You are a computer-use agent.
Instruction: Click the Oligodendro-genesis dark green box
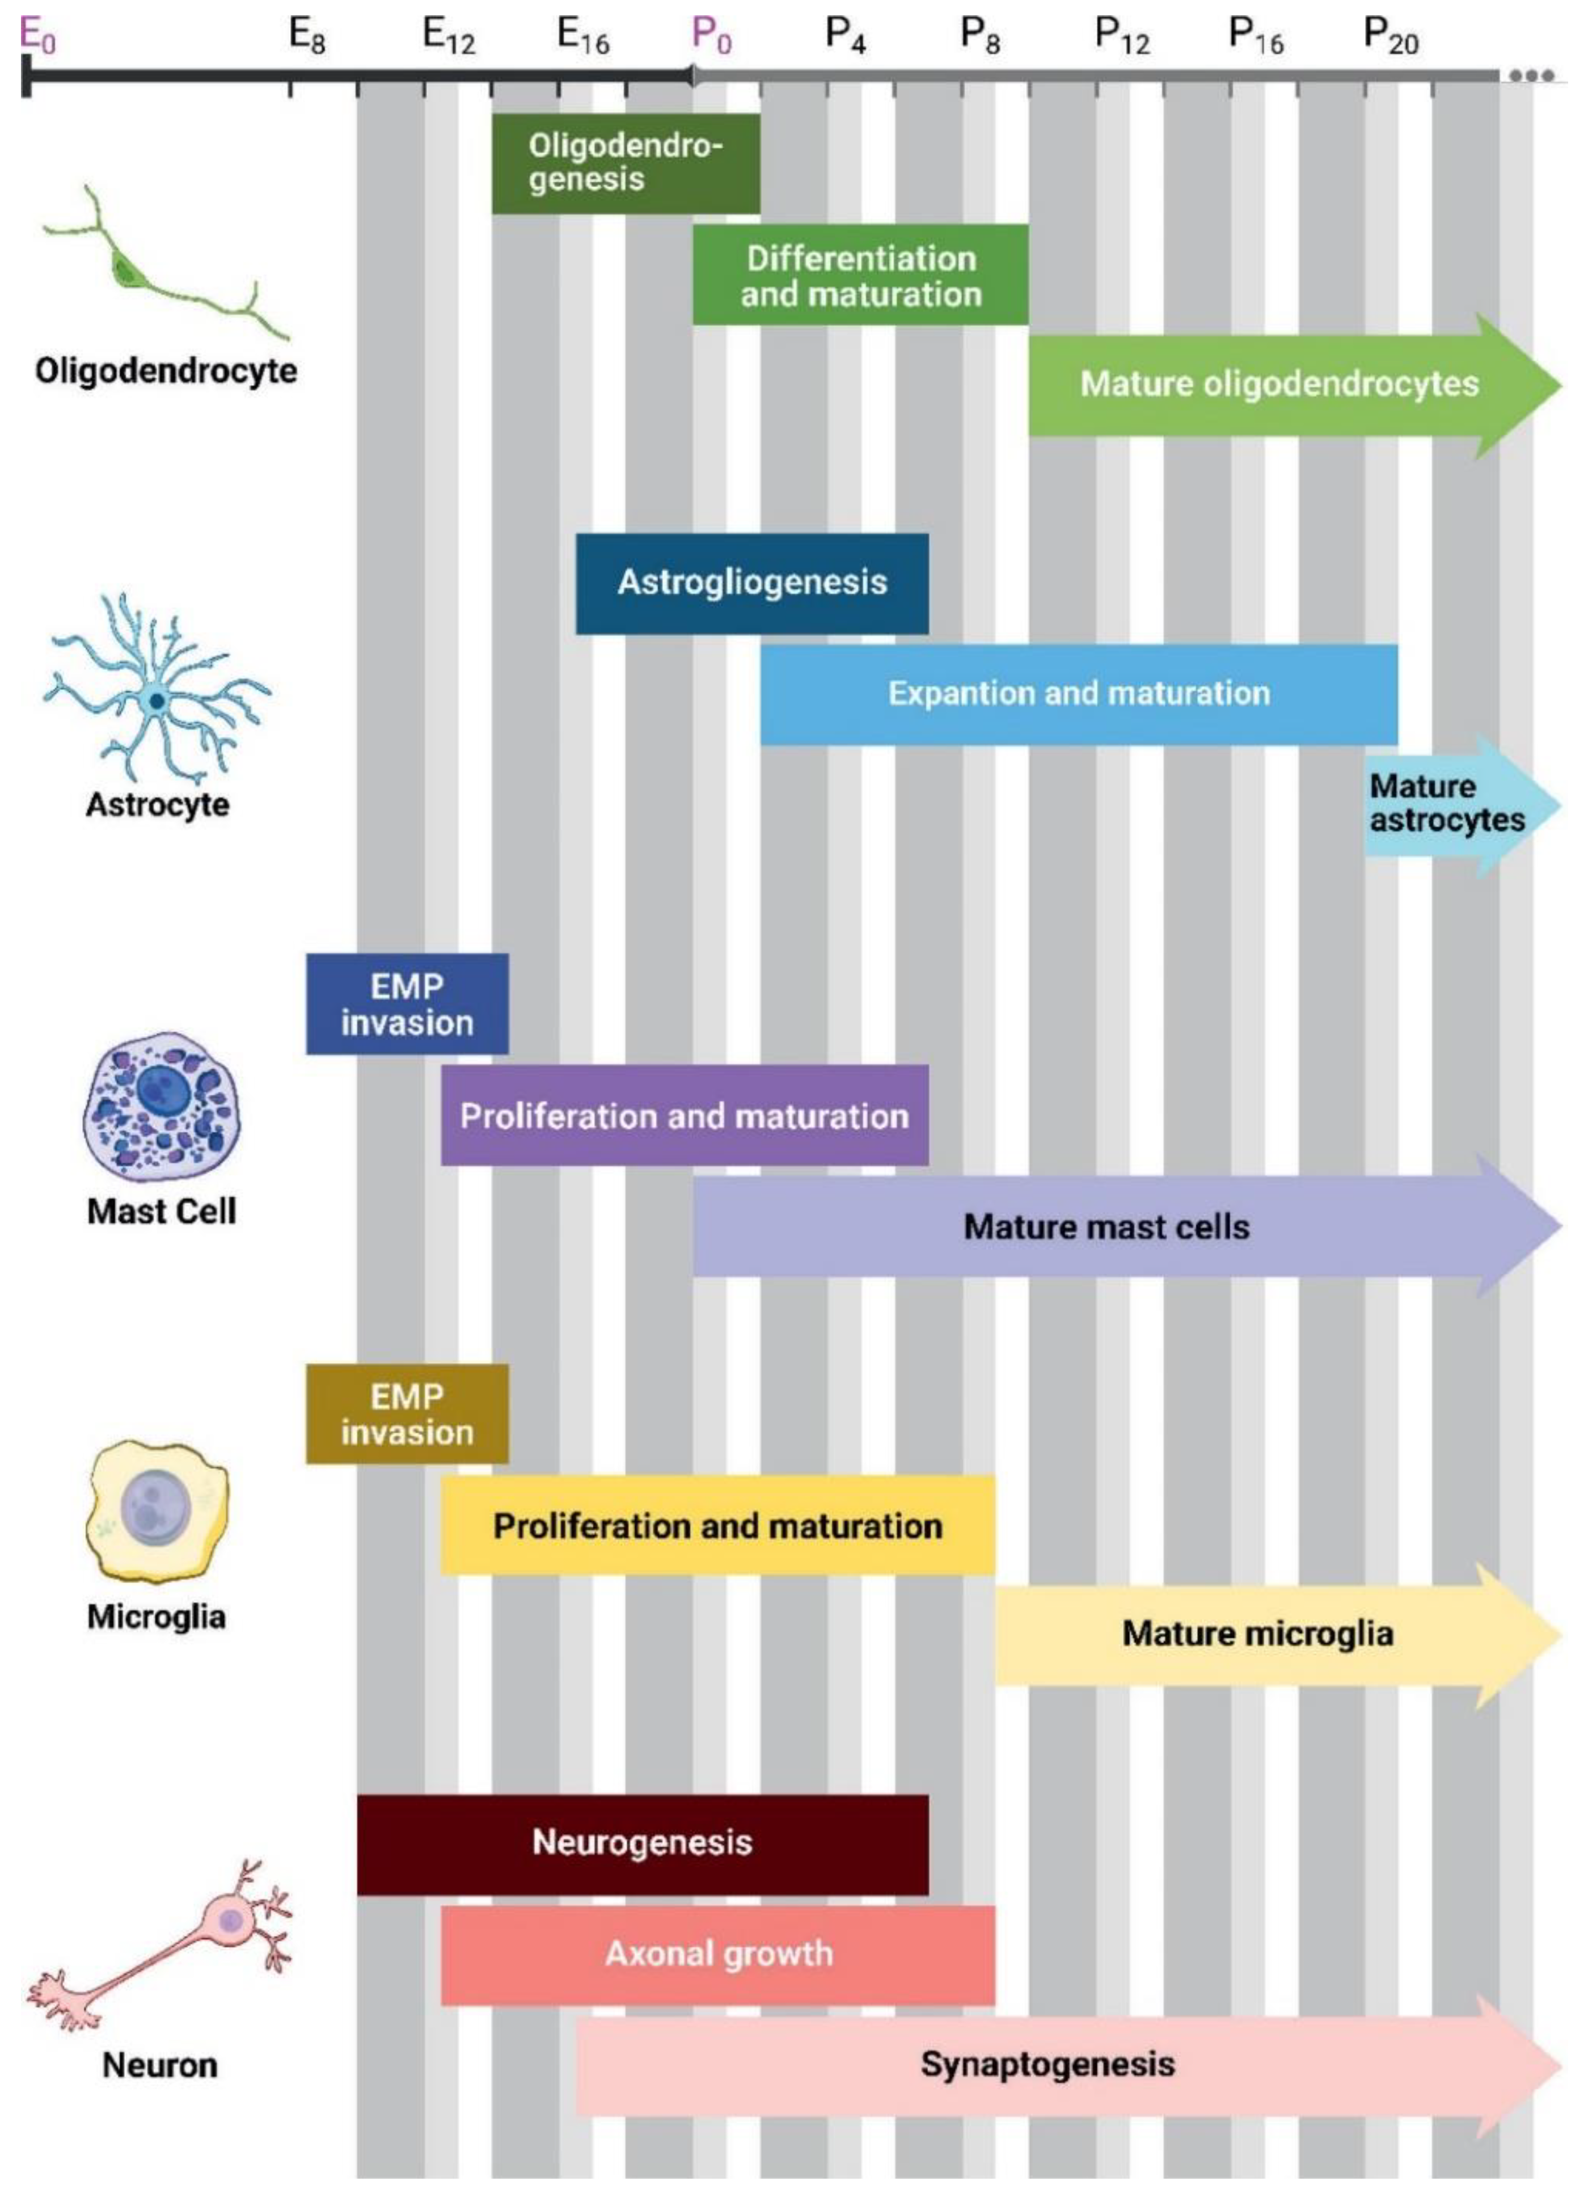(x=625, y=163)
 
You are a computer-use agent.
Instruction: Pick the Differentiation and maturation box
(x=860, y=275)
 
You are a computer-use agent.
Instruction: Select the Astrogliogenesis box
(x=751, y=583)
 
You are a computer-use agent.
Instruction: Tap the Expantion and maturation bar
(x=1078, y=694)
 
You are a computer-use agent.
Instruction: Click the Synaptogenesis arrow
(x=1047, y=2064)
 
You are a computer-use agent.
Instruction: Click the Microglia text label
(x=157, y=1617)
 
